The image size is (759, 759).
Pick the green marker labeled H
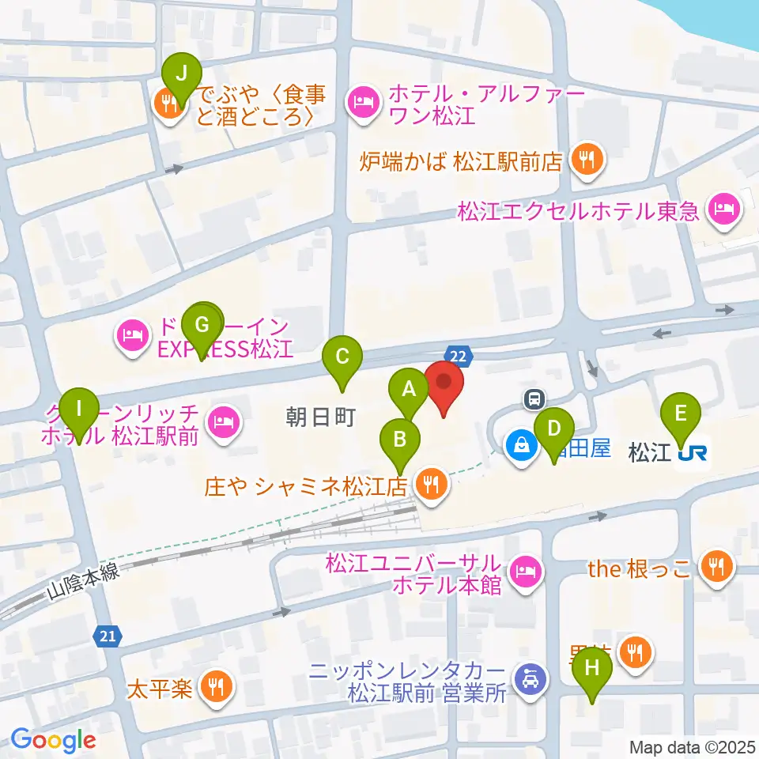592,669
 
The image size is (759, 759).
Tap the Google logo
53,741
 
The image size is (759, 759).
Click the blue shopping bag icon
522,445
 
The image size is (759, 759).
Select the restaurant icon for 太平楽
216,685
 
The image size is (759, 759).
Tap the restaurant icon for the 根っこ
716,566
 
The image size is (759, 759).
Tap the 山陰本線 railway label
83,582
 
